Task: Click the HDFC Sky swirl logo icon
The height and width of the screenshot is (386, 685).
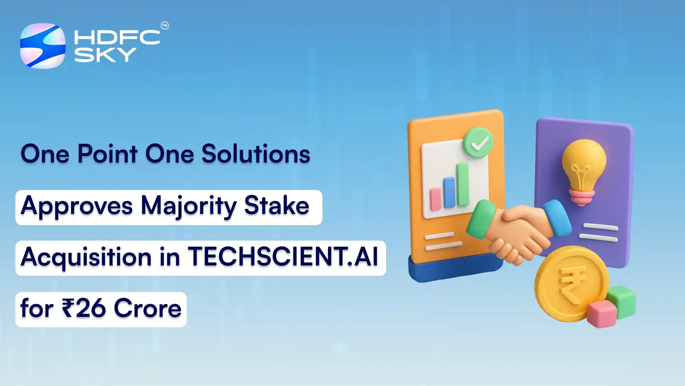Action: (43, 46)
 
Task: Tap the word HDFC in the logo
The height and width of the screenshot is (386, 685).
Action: (117, 37)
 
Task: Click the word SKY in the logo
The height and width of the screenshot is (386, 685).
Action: (105, 55)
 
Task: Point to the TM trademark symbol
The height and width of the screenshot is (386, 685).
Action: (165, 26)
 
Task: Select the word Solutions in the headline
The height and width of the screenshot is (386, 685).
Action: (256, 154)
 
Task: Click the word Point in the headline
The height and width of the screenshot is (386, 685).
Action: (107, 154)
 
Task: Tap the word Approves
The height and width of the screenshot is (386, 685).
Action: (77, 206)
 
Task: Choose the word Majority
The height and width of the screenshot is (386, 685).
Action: (189, 206)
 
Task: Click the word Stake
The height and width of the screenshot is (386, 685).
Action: (277, 206)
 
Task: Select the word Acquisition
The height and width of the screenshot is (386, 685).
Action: (86, 257)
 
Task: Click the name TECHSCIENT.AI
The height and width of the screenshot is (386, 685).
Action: (283, 257)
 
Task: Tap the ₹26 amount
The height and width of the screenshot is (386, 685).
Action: (84, 308)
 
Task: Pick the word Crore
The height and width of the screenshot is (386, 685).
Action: (148, 308)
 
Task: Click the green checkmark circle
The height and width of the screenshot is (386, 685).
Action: (478, 143)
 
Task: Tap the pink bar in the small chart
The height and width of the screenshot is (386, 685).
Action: (435, 199)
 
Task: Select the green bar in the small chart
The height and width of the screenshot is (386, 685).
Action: (462, 184)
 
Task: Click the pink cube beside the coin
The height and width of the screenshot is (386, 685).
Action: (602, 314)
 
